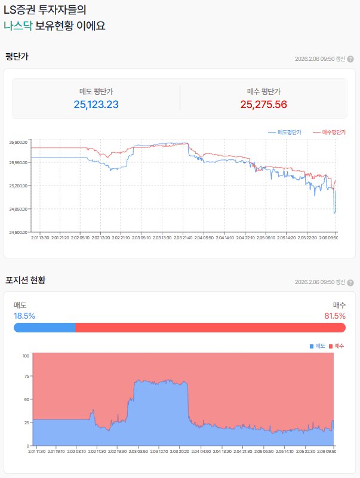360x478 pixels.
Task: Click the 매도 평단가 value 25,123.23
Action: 96,104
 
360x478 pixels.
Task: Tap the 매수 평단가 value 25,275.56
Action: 264,104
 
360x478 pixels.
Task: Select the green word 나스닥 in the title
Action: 17,26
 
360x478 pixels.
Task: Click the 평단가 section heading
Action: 17,57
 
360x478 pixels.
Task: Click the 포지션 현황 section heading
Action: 25,280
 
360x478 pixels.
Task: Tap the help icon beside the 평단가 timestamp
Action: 350,59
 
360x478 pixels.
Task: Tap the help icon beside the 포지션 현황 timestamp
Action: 350,282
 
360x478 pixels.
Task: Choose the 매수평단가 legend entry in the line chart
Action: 334,132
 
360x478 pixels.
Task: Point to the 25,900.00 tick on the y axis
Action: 19,143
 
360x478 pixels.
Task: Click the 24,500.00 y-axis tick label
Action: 19,232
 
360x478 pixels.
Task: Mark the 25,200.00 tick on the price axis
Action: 19,186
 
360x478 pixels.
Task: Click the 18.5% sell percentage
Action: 24,316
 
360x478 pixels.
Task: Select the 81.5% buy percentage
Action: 335,316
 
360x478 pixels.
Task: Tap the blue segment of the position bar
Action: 44,328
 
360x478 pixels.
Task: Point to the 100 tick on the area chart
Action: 26,356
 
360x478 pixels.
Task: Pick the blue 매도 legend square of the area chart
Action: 312,346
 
